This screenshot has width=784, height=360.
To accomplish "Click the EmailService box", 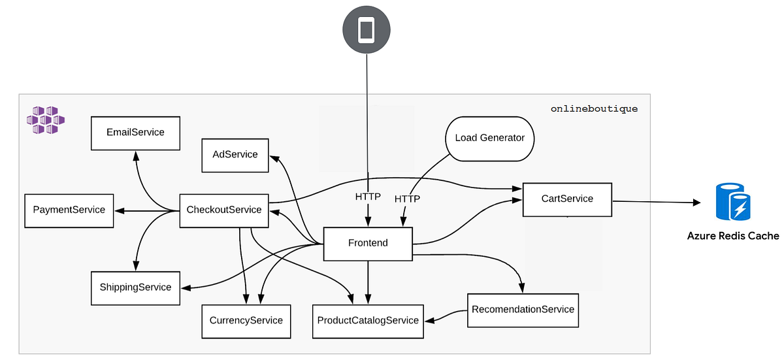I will [135, 132].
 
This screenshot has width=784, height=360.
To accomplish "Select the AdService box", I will [235, 155].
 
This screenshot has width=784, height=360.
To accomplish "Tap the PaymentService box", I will [69, 210].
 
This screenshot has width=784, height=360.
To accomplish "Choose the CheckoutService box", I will [224, 210].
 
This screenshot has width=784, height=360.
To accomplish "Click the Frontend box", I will [368, 243].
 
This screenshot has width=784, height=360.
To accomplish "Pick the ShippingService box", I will [135, 287].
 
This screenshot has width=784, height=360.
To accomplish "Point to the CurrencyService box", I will [246, 320].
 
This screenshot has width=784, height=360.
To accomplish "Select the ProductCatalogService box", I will [368, 321].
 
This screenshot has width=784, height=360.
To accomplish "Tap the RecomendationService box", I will [523, 309].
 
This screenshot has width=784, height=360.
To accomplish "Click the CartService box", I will [567, 199].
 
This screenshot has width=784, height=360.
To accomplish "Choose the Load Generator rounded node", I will [489, 138].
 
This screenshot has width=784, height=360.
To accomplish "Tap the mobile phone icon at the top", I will [367, 30].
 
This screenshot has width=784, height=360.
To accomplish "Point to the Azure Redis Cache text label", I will [733, 236].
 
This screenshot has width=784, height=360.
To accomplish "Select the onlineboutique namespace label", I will [594, 109].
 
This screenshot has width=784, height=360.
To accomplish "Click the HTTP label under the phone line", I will [368, 196].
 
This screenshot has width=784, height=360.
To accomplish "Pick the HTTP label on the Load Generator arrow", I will [407, 199].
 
